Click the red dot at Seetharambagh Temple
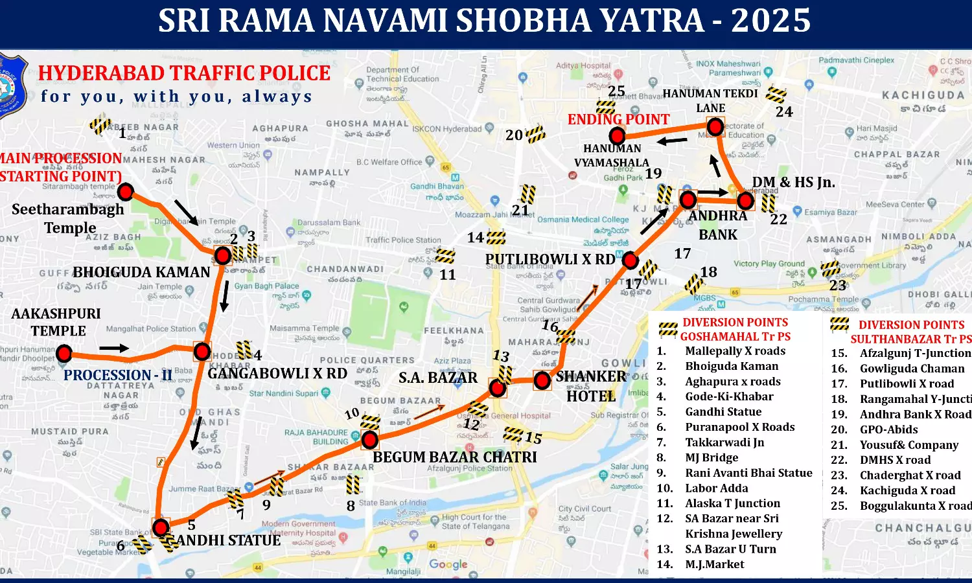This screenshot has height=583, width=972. point(126,192)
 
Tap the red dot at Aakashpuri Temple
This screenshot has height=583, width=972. point(64,353)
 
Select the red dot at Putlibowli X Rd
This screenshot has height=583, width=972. point(630,260)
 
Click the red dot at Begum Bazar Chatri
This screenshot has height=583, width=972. point(369,440)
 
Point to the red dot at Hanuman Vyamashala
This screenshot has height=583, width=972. point(617,136)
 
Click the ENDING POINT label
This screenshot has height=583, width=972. point(618,119)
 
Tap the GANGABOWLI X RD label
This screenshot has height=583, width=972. point(277,374)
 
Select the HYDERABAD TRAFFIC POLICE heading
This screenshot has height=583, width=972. point(184,73)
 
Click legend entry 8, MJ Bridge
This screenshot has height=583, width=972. point(712,457)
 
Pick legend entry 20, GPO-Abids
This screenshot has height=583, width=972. point(888,429)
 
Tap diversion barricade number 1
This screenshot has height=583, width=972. point(100,124)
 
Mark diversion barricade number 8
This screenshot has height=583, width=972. point(353,484)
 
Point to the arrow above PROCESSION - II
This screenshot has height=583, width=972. point(114,349)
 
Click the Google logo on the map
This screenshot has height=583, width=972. point(448,564)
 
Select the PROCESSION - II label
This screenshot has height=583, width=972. point(117,375)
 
